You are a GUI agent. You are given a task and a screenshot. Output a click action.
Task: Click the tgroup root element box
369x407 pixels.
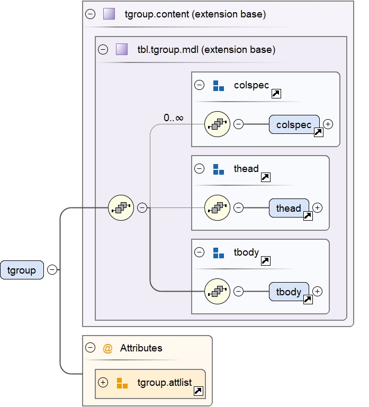click(22, 270)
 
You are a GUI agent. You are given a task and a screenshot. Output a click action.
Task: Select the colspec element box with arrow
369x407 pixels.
click(294, 124)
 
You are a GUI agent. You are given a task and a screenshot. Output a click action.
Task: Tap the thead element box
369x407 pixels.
click(289, 208)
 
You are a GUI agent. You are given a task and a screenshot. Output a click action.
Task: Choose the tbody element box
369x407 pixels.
click(289, 291)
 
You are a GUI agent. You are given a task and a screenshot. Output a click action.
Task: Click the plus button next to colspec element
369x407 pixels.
click(328, 124)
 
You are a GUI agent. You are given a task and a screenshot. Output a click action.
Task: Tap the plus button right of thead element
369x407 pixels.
click(318, 208)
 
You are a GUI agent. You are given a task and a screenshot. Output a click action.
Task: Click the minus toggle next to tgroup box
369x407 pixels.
click(52, 270)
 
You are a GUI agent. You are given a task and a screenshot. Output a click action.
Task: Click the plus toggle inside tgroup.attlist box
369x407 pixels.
click(103, 382)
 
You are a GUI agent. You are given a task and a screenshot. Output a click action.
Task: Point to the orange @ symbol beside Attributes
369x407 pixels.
click(107, 348)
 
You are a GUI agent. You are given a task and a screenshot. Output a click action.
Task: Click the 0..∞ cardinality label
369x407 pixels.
click(174, 117)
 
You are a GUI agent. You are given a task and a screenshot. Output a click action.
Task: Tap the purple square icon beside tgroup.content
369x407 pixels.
click(109, 14)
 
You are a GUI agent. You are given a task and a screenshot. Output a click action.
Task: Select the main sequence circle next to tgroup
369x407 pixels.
click(121, 208)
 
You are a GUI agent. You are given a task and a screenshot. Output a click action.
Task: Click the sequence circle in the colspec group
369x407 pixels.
click(217, 124)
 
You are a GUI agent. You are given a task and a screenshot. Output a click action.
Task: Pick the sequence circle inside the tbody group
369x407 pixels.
click(217, 291)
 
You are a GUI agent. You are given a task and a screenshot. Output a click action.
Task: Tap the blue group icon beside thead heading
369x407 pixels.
click(218, 169)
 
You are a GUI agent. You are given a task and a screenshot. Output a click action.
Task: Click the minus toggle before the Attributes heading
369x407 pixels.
click(91, 348)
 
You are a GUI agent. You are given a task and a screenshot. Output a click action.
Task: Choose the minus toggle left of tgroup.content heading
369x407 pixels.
click(91, 14)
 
